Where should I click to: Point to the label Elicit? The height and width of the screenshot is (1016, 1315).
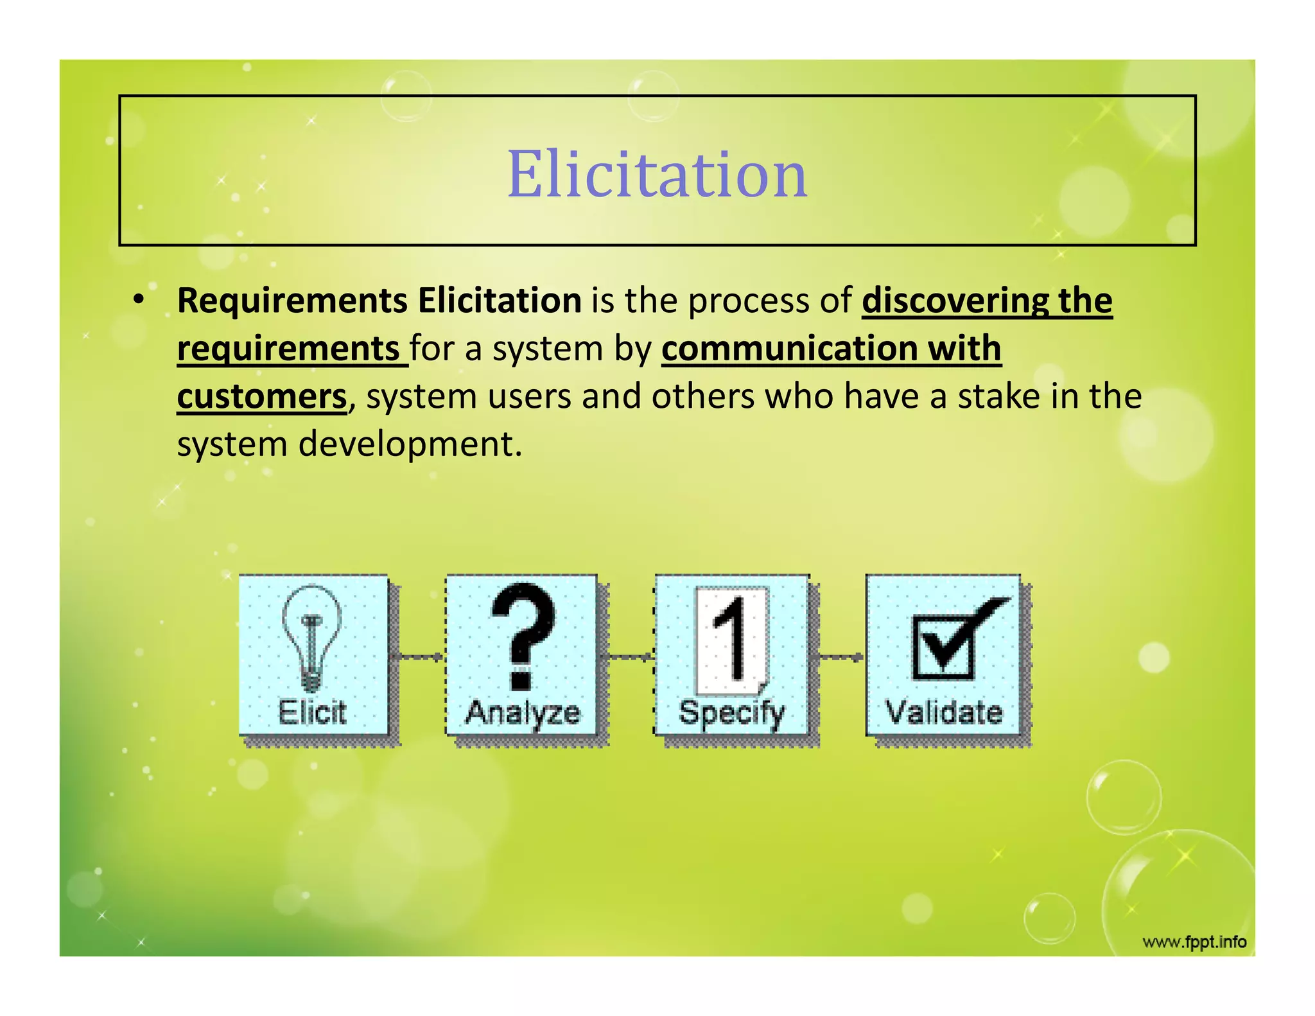tap(312, 712)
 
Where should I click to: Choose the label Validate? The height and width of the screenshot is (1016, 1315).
tap(944, 712)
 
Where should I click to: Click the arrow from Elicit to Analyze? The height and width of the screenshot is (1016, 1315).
tap(418, 656)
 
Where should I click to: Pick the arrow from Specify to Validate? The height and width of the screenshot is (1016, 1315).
tap(838, 656)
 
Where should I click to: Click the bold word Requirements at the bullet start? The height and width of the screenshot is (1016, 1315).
tap(292, 301)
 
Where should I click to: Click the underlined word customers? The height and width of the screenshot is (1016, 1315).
tap(261, 396)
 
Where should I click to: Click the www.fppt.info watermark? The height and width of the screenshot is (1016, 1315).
tap(1194, 942)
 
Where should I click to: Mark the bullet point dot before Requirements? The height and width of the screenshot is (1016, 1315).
tap(138, 300)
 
